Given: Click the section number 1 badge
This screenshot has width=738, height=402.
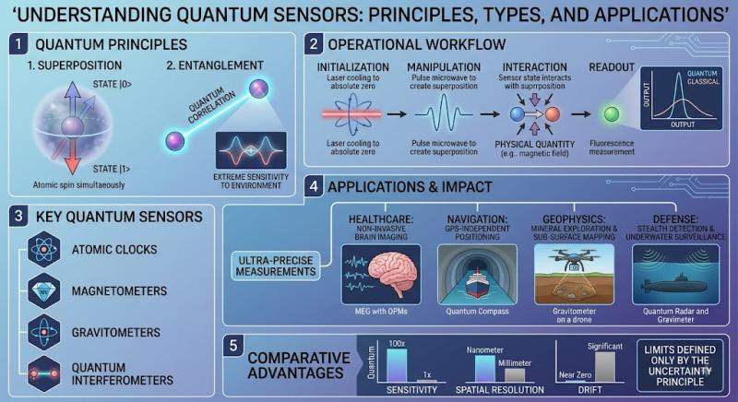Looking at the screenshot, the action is [18, 44].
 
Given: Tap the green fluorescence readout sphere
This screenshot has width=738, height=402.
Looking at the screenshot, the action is [612, 113].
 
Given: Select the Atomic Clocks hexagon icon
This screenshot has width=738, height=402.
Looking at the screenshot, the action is [43, 249].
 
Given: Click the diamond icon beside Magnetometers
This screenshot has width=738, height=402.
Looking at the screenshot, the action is [43, 291].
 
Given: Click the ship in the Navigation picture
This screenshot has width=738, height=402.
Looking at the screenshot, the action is [477, 283].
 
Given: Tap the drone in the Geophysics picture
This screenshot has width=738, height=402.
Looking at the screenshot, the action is [574, 258].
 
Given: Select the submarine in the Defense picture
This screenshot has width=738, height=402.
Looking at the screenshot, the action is [675, 285].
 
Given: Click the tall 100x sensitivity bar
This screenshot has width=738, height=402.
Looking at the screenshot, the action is [397, 365].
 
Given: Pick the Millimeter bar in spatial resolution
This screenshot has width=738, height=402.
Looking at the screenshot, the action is [515, 375].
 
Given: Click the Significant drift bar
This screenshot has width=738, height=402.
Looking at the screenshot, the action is [605, 367].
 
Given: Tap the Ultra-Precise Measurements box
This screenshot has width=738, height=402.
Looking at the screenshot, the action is [276, 266].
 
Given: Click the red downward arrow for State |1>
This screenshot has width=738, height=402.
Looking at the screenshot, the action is [73, 152].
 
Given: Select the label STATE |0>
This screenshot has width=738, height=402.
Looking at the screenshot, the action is [112, 85].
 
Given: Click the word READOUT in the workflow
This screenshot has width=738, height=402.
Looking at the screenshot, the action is [612, 67].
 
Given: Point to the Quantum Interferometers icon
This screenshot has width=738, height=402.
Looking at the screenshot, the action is [43, 373].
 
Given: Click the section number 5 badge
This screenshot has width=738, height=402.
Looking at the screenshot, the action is [233, 346].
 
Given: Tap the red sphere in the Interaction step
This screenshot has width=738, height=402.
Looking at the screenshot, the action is [552, 113].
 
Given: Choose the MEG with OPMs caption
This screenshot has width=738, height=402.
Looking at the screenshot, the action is [381, 312].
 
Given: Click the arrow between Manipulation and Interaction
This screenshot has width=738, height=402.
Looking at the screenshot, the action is [490, 113].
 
